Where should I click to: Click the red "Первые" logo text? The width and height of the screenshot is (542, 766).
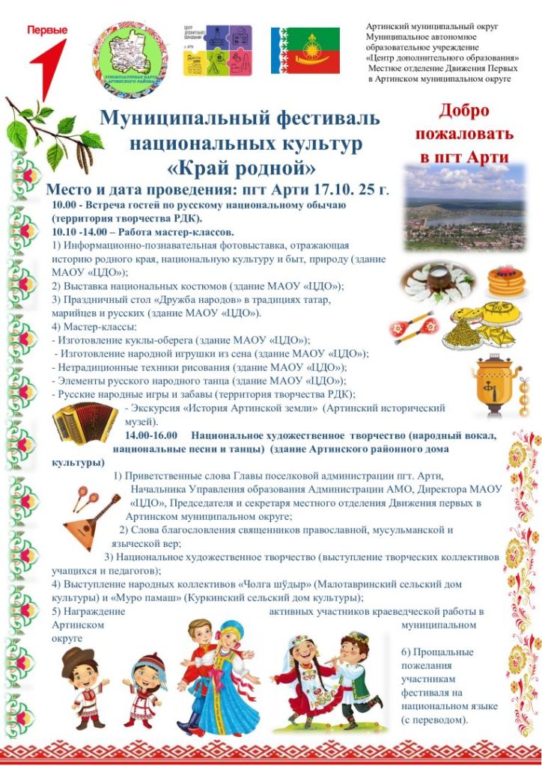[x=47, y=31]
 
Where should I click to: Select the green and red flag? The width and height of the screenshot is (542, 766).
[x=305, y=51]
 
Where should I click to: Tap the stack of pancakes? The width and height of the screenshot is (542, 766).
[x=507, y=281]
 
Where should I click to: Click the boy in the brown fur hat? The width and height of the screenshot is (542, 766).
[x=85, y=681]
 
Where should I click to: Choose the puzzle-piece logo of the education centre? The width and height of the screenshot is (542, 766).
[x=218, y=50]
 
